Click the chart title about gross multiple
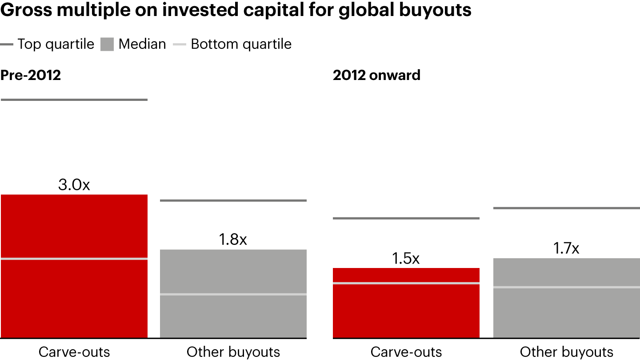(236, 10)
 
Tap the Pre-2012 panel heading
(30, 75)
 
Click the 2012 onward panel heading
(376, 75)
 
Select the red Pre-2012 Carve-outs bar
(74, 298)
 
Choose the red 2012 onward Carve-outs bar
(406, 311)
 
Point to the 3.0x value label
(74, 185)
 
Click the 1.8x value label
(233, 240)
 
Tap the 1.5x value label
(406, 259)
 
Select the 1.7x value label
(566, 249)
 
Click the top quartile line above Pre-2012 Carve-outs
(74, 100)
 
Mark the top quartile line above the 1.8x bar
(233, 201)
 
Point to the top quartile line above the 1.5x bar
(406, 218)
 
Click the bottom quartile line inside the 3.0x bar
(74, 259)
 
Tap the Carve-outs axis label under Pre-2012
(74, 352)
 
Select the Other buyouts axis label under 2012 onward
(567, 352)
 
